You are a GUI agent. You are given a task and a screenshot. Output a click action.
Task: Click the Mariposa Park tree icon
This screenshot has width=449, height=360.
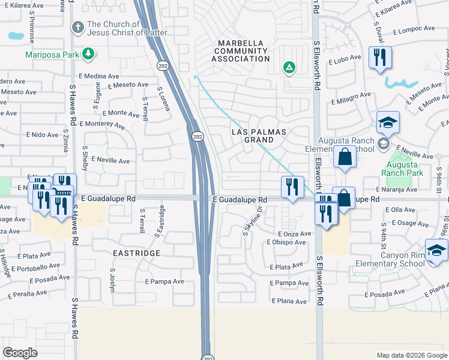click(89, 54)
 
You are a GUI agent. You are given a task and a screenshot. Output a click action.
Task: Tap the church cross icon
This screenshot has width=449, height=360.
click(77, 28)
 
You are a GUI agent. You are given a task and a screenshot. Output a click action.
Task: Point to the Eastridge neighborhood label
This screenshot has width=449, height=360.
click(137, 253)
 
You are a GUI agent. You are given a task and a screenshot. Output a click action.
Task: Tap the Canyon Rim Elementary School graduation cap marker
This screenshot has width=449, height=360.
click(436, 250)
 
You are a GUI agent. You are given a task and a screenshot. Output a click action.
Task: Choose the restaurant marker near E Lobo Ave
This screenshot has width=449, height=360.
click(380, 58)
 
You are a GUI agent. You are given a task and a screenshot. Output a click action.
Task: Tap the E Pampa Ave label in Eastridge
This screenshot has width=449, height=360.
click(164, 281)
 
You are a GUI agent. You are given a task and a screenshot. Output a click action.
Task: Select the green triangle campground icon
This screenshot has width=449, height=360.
click(289, 68)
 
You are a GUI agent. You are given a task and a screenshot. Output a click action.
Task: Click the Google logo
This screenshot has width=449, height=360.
click(20, 353)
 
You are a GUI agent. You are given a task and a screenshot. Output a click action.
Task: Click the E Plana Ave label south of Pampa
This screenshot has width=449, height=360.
click(290, 301)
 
